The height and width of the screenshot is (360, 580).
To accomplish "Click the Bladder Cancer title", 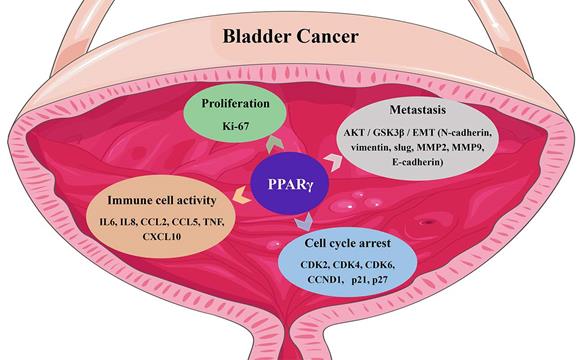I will pos(290,38).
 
